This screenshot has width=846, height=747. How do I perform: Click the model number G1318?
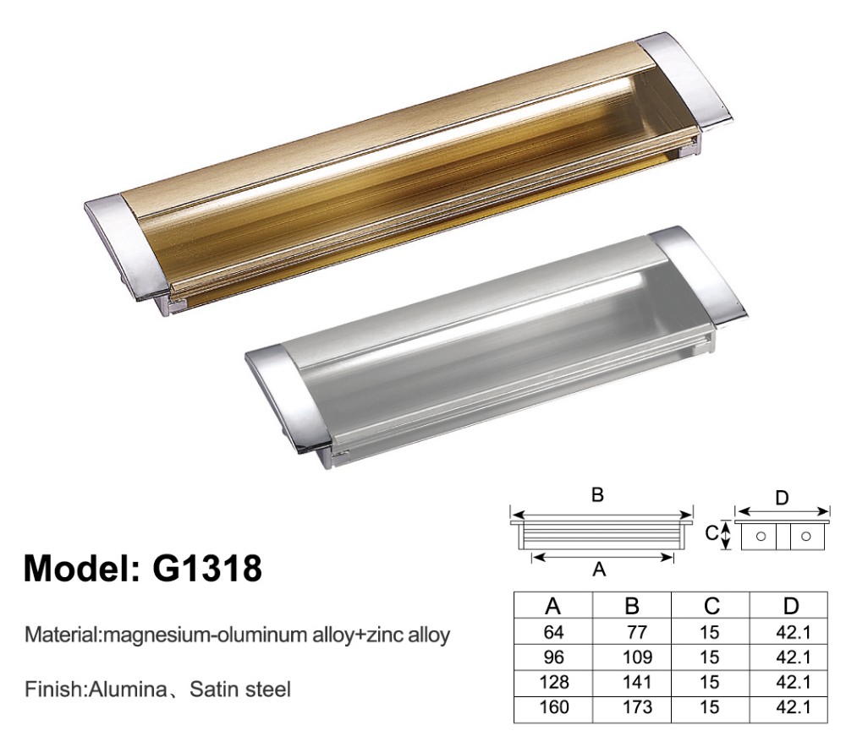coord(206,567)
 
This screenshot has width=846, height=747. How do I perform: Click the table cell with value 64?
coord(554,630)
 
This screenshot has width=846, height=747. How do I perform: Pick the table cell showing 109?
coord(634,655)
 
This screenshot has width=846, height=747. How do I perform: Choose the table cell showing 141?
coord(634,680)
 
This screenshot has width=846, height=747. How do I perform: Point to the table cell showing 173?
coord(634,706)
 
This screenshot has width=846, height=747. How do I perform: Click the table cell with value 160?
coord(554,706)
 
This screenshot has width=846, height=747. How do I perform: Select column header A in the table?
coord(554,605)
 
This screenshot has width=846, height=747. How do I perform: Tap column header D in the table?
coord(789,605)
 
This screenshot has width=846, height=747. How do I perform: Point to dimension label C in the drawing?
coord(711,533)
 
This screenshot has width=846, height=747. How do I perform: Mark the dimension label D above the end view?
coord(783,498)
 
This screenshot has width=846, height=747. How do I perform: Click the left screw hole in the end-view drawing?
coord(761,536)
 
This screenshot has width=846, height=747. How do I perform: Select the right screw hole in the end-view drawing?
coord(805,536)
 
